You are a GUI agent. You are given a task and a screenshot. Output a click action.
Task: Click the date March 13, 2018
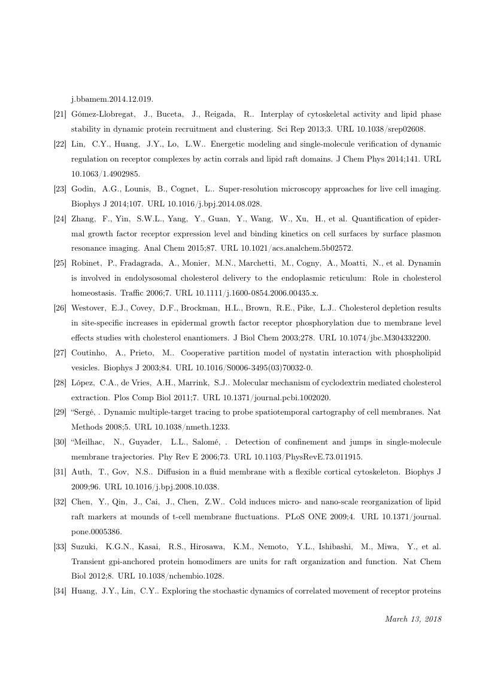(412, 619)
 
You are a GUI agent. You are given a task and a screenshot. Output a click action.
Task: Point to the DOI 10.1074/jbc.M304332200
(392, 338)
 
